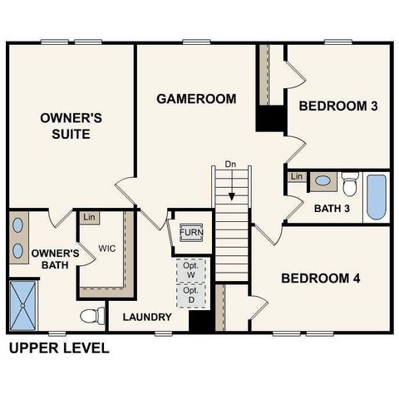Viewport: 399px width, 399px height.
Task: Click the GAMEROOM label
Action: [x=196, y=99]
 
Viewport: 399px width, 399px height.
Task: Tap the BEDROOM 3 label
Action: [x=339, y=106]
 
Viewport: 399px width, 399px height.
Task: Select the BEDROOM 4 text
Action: [x=320, y=278]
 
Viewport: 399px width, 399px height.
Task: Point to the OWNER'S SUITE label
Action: [x=71, y=126]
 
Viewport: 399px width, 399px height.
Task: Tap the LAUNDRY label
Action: [x=147, y=318]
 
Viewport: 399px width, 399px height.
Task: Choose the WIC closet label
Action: [x=106, y=249]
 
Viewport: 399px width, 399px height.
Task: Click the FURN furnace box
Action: [x=192, y=232]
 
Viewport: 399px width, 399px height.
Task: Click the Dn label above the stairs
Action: [x=231, y=165]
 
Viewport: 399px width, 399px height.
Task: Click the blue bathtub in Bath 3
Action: [x=377, y=196]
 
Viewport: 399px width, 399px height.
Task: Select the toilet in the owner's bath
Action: [x=92, y=316]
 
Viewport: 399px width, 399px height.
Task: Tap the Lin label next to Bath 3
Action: [x=296, y=176]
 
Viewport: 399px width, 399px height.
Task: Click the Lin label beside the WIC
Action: [x=87, y=217]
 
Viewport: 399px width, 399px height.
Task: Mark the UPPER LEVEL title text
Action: [x=58, y=347]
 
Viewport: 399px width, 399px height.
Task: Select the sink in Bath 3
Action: [x=322, y=180]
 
